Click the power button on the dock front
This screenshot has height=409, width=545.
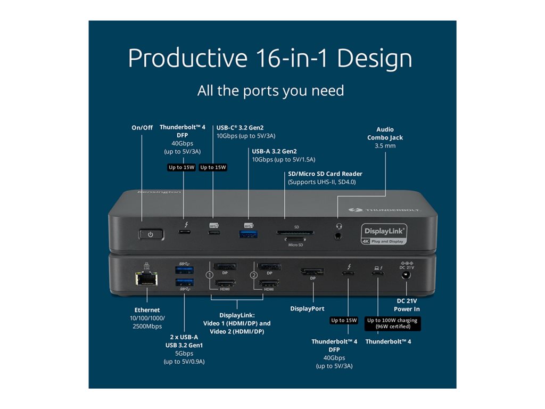click(151, 234)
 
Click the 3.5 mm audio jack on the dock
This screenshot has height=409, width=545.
click(337, 233)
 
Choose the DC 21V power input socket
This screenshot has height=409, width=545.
click(407, 275)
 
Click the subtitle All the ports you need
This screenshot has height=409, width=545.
click(270, 90)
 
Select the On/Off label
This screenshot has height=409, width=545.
click(142, 128)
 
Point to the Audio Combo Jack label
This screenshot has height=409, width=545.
click(385, 133)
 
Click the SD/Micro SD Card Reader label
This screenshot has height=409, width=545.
click(325, 174)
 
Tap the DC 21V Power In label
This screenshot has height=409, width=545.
click(407, 305)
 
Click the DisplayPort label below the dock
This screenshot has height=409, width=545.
click(307, 308)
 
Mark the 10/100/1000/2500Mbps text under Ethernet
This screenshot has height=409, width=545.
click(147, 322)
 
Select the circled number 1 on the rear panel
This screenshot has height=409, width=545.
click(210, 274)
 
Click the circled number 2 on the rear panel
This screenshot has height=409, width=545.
click(253, 274)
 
